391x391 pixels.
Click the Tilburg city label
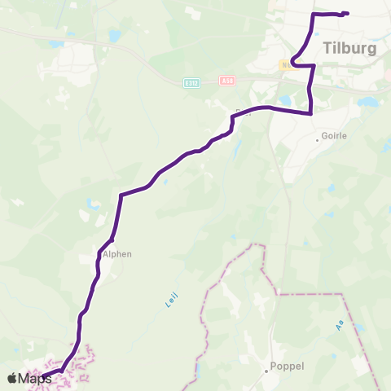349,48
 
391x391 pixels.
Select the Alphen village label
116,253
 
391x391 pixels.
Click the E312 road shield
191,81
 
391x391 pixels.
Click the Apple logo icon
12,378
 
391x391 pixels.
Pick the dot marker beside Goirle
318,140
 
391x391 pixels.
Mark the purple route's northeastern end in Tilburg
347,13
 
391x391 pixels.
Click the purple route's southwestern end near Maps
42,377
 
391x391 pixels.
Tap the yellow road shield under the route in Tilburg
287,64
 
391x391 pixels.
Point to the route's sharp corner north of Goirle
311,113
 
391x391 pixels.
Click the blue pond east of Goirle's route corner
368,103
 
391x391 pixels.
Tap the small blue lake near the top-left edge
113,36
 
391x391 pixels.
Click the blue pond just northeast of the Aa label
359,310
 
